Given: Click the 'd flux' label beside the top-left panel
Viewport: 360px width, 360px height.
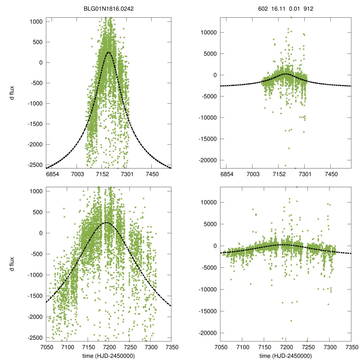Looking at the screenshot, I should (x=12, y=94).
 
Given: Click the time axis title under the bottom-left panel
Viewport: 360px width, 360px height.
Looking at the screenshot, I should (x=109, y=356).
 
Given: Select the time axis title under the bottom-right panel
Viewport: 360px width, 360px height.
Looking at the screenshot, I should (x=285, y=356).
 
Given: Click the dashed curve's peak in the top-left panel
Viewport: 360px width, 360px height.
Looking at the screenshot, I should (x=108, y=52).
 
